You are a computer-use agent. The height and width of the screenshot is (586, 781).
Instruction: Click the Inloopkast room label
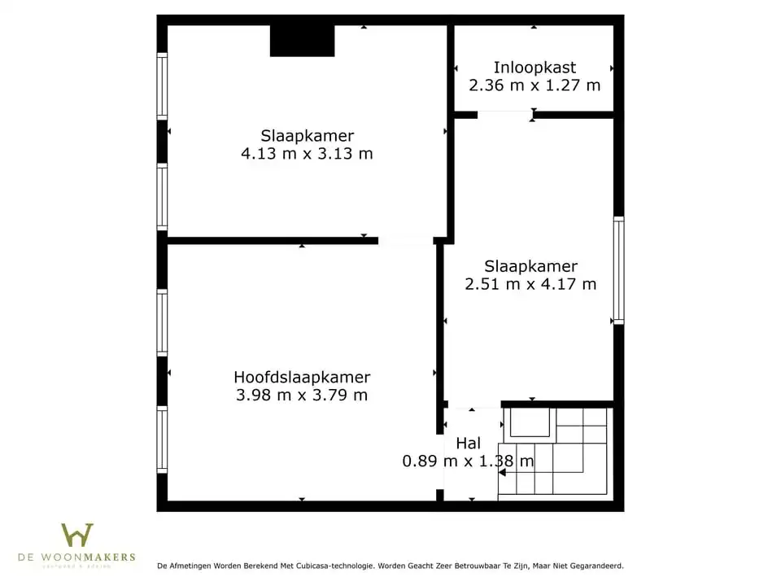534,68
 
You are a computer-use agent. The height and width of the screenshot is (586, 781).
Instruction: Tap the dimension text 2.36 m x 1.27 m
534,85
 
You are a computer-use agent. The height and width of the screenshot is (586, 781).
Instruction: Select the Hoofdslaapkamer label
302,378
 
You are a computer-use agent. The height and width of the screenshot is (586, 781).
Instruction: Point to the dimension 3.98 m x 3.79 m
302,396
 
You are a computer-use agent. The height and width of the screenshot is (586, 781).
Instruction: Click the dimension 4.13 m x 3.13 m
308,154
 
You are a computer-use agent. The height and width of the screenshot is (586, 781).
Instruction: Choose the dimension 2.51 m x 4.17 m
530,284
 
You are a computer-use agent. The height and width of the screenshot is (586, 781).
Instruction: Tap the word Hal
469,444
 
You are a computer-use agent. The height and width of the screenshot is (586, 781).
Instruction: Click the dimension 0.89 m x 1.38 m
469,461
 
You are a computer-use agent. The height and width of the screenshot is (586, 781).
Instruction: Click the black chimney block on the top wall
302,41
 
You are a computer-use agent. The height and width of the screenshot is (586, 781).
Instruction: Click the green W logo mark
77,536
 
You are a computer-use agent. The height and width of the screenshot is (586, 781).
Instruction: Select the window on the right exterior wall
619,270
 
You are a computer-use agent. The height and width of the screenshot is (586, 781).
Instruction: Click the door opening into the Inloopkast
504,115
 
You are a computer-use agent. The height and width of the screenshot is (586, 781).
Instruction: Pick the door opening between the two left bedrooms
405,241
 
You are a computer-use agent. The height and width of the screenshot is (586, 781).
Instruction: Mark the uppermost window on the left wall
162,86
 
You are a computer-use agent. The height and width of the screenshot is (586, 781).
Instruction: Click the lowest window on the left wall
162,439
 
